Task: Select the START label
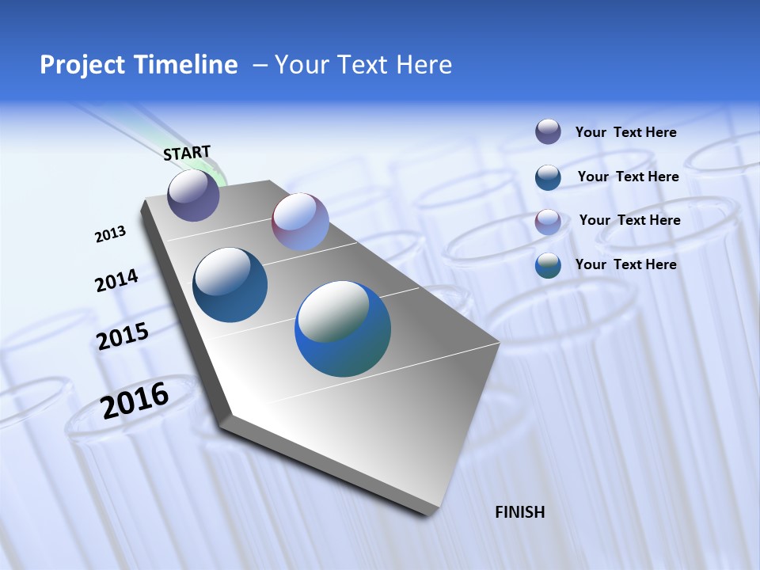click(187, 153)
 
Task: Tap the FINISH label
click(520, 512)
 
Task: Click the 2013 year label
click(111, 234)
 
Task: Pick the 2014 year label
click(116, 281)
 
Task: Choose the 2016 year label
click(135, 401)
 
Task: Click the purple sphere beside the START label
click(194, 195)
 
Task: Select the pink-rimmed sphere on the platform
click(300, 222)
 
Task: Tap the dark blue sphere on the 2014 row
click(230, 285)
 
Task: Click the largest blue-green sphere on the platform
click(343, 329)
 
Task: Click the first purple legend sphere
click(548, 131)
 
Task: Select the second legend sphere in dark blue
click(548, 177)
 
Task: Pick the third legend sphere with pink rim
click(548, 222)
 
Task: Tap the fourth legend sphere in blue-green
click(548, 265)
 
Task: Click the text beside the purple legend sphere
click(625, 133)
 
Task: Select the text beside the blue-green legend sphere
click(625, 264)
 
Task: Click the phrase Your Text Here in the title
click(363, 65)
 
